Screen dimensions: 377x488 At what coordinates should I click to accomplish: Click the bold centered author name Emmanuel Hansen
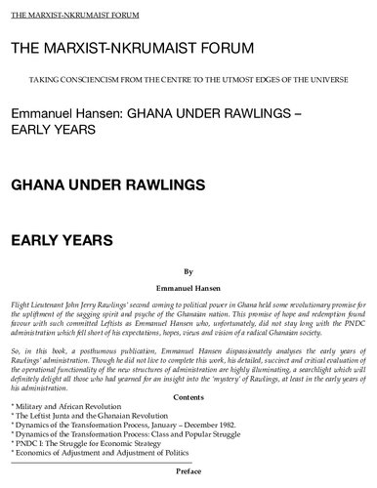(188, 290)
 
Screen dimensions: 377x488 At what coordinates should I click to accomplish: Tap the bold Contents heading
(188, 399)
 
